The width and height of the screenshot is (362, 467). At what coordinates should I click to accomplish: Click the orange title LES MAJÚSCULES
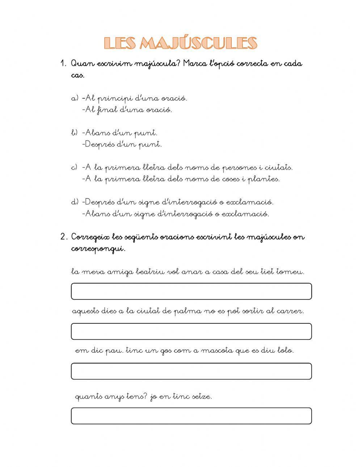[181, 43]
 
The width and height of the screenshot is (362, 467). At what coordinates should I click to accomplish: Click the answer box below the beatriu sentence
[191, 291]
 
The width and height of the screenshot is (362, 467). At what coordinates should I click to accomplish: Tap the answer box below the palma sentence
[191, 331]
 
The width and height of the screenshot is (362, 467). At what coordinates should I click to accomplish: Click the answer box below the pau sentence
[191, 371]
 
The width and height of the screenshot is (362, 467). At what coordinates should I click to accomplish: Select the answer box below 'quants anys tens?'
[191, 416]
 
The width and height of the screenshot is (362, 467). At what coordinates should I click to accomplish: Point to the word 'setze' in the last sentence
[201, 396]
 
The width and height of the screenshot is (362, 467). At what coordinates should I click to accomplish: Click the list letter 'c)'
[74, 167]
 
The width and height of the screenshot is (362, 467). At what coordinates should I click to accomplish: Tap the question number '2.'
[64, 237]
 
